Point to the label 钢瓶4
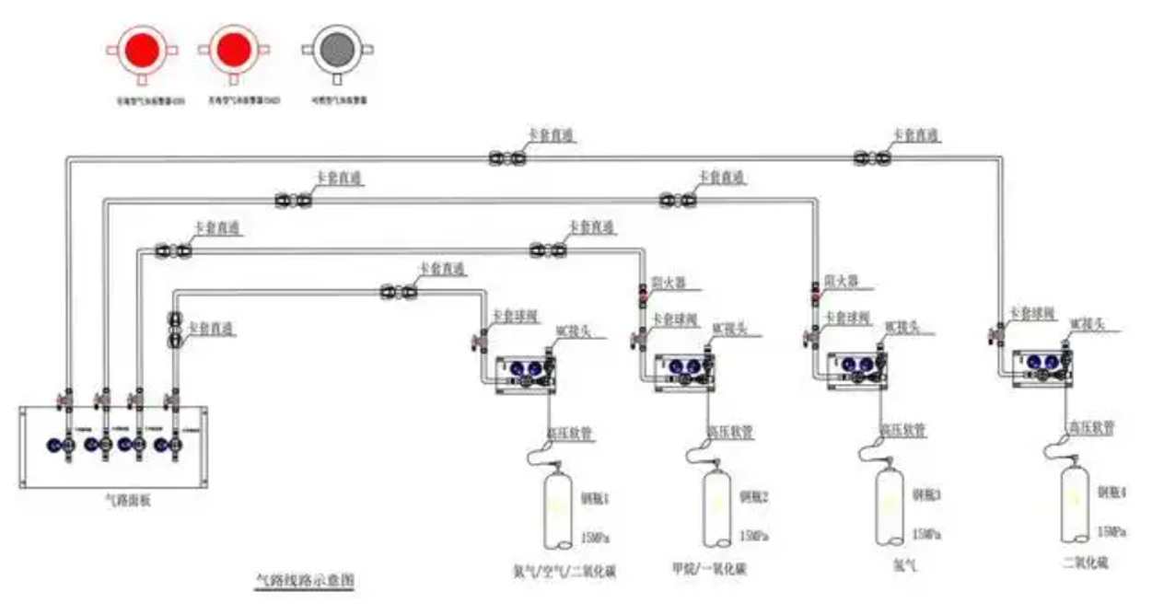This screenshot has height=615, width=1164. (x=1112, y=493)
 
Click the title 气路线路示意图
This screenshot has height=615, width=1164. (x=305, y=581)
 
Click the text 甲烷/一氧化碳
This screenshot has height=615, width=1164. (x=708, y=569)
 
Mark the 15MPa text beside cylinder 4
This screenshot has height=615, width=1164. (x=1110, y=532)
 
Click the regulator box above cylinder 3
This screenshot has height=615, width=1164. (x=857, y=369)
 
